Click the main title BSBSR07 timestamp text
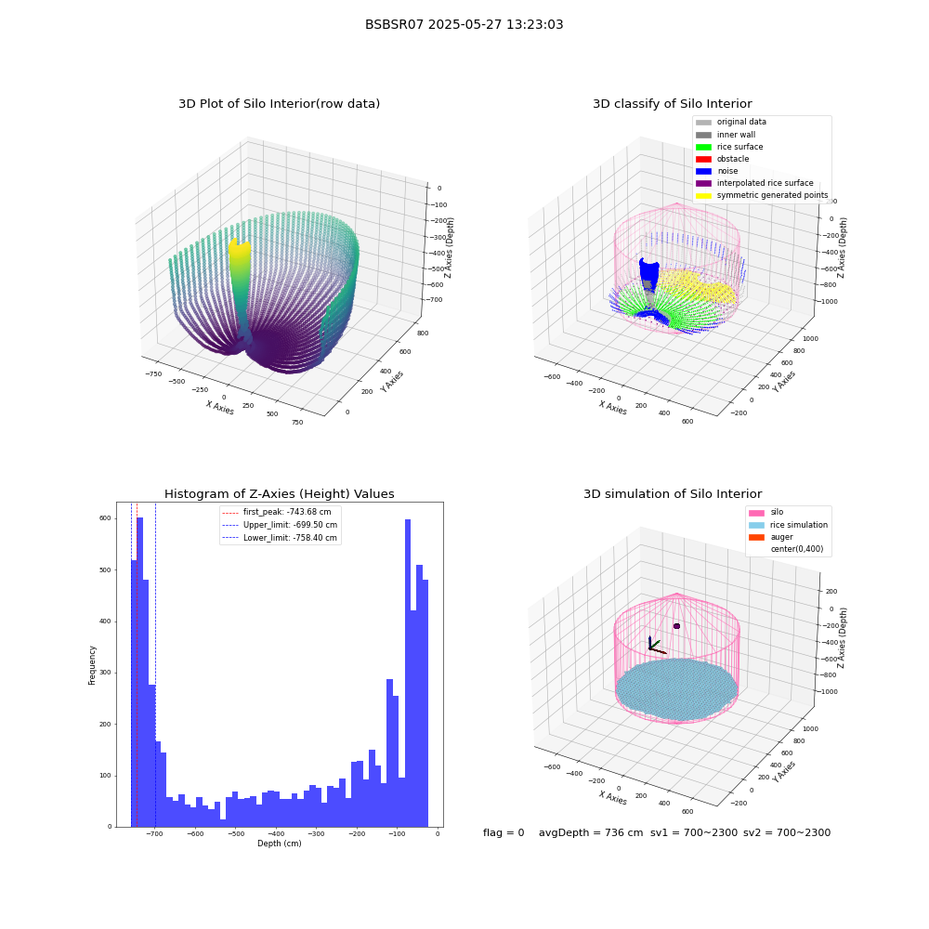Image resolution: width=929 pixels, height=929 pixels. [x=464, y=24]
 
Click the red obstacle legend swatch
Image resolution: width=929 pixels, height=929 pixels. [x=703, y=159]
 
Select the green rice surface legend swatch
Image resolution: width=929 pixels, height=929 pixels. [x=703, y=147]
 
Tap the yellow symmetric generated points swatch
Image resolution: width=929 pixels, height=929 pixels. [x=703, y=195]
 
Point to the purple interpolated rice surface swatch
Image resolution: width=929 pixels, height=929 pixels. [x=703, y=183]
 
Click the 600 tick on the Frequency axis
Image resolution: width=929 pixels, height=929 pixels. [x=105, y=518]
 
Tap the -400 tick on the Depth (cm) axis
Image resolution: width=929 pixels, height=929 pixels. [x=276, y=833]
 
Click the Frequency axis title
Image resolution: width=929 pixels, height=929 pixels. [x=92, y=665]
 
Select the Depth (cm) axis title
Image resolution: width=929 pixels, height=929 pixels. [x=279, y=844]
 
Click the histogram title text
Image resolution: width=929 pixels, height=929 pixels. [x=279, y=493]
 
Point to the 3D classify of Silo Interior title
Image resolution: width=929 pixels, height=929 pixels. [x=673, y=104]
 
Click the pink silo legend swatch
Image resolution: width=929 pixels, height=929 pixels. [x=756, y=513]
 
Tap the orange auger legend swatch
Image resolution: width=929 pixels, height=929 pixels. [x=756, y=537]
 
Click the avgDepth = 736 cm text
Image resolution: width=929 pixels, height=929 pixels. [x=591, y=832]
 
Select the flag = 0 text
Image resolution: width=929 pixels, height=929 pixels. [x=504, y=832]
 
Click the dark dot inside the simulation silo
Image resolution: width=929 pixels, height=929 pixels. [x=676, y=625]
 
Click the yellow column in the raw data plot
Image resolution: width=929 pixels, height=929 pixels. [x=240, y=267]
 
